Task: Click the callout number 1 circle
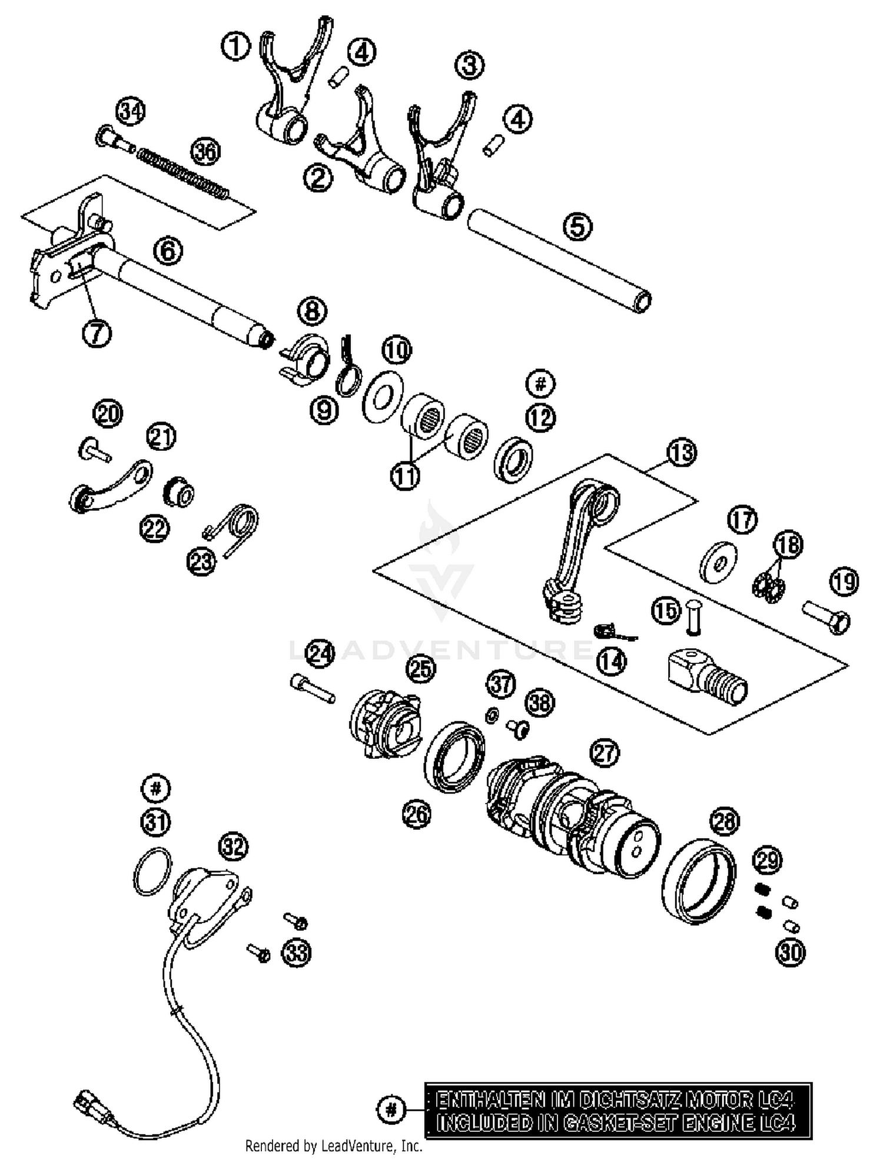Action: tap(235, 46)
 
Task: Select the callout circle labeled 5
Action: tap(577, 226)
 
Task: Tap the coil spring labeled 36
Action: tap(182, 174)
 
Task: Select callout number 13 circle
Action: tap(682, 453)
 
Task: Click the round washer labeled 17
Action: tap(719, 562)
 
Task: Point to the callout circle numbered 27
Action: tap(605, 753)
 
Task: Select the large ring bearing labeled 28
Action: tap(699, 881)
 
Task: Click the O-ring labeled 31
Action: tap(152, 871)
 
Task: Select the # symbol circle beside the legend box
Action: tap(391, 1110)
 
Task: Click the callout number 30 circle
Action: tap(790, 952)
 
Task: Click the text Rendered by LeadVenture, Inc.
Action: tap(334, 1145)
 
